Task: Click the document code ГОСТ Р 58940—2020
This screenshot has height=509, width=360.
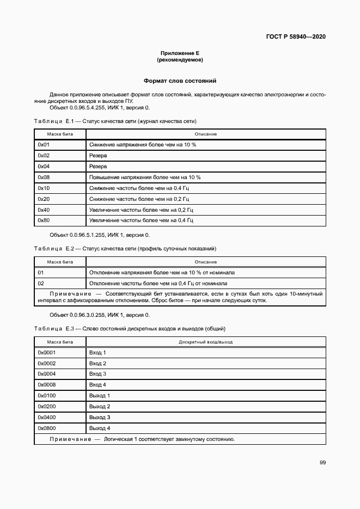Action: (x=296, y=37)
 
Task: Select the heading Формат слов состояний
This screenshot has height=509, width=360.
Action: (x=180, y=81)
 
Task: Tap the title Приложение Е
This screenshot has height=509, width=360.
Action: (x=180, y=53)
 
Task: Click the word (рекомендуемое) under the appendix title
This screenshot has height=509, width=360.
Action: (x=180, y=59)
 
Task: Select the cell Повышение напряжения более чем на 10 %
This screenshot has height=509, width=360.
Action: (x=145, y=177)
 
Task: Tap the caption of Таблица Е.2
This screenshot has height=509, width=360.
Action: (x=125, y=249)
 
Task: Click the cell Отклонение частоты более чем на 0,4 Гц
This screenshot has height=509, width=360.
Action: (x=158, y=283)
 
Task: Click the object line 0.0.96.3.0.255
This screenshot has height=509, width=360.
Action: (x=99, y=315)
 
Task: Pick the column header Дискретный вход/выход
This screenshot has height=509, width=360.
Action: (x=205, y=342)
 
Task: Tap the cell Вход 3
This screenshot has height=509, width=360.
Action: (x=97, y=374)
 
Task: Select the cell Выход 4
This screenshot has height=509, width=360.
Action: (x=100, y=428)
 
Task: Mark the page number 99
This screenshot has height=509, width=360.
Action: (x=322, y=462)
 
